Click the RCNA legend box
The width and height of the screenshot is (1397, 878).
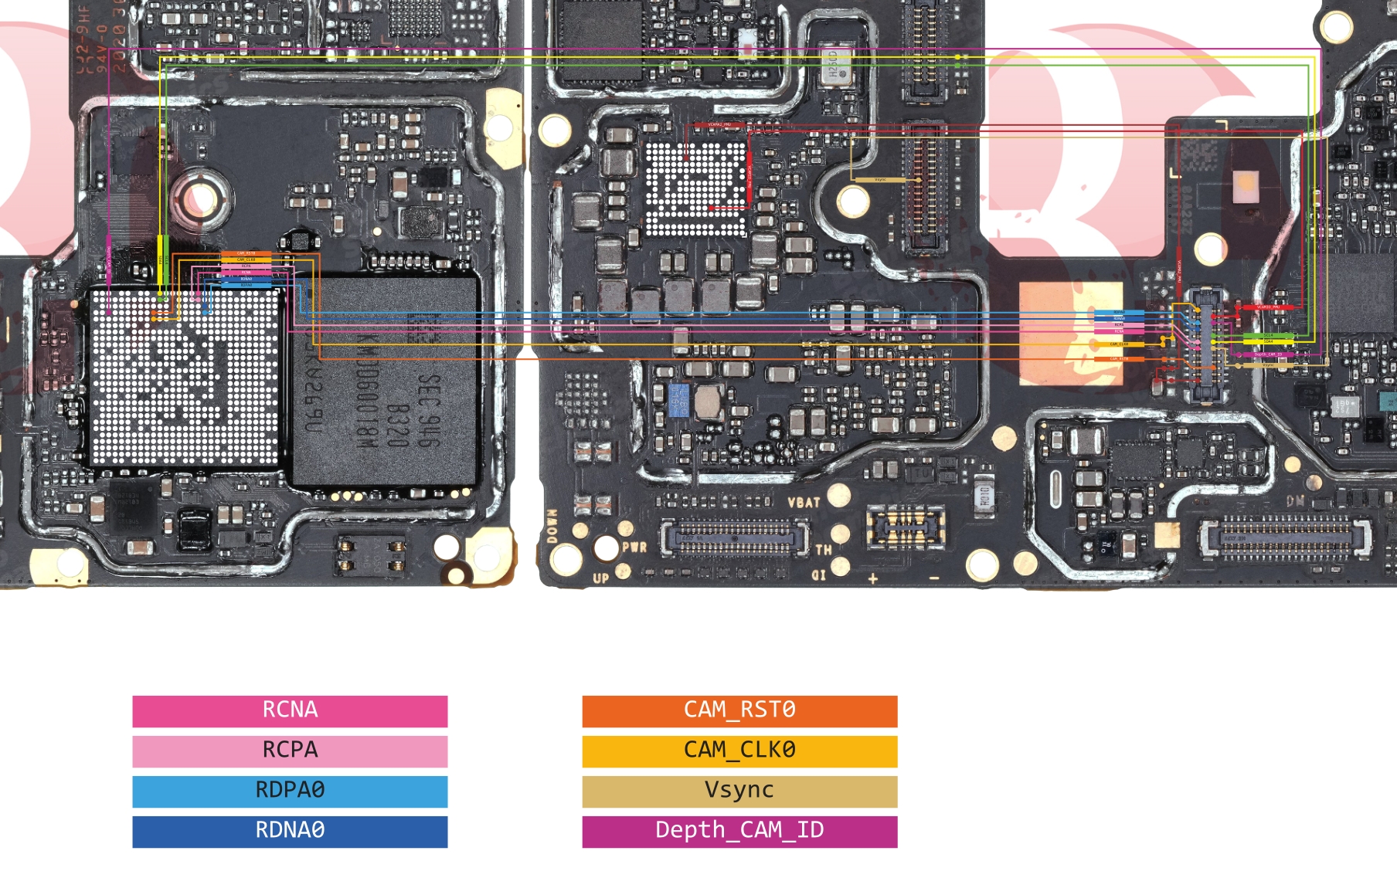point(290,710)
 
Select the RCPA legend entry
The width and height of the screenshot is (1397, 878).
point(290,751)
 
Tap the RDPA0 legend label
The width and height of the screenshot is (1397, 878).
point(290,791)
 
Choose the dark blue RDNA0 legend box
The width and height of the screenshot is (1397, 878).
point(290,831)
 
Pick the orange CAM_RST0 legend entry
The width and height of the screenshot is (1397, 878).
point(739,710)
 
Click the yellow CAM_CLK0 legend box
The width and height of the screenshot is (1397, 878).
point(739,751)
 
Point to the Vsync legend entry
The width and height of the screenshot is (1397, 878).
point(739,791)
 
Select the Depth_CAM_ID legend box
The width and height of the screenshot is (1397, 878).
point(739,831)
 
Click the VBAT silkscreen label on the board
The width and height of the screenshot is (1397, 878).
point(804,503)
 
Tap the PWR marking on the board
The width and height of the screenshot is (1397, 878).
point(634,547)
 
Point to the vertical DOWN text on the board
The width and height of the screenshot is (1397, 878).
point(552,525)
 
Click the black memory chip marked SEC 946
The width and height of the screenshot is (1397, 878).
point(386,382)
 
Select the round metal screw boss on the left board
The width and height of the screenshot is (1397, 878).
point(202,196)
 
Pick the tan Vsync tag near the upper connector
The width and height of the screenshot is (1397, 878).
point(881,180)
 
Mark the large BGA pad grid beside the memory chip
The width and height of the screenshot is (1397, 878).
point(184,377)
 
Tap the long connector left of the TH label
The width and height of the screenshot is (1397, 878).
point(736,537)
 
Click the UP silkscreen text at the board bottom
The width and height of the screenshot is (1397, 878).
point(601,578)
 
